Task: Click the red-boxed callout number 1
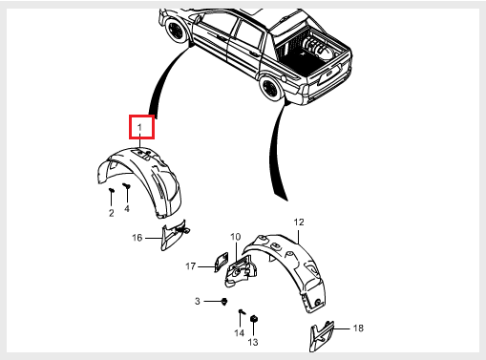139,127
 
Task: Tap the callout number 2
112,213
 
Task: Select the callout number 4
127,208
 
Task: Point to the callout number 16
137,238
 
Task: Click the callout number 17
190,266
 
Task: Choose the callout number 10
236,237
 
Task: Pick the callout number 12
299,222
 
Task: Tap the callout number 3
198,301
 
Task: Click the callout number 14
240,333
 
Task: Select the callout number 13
253,342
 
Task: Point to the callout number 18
358,328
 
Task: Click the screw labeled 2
112,190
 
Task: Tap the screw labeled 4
127,185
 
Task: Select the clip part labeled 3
224,302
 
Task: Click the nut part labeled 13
254,319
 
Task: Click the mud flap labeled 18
322,336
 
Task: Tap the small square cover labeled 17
222,262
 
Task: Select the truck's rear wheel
270,87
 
